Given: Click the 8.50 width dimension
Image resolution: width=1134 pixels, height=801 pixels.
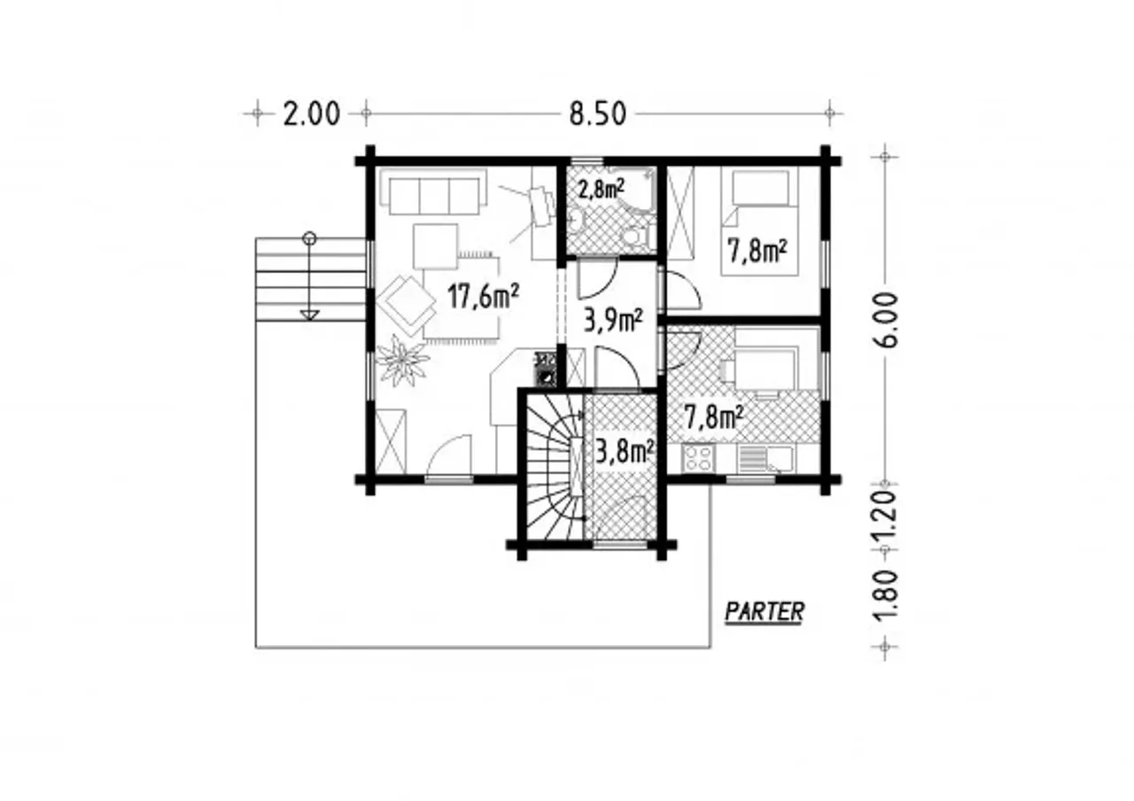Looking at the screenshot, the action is tap(597, 114).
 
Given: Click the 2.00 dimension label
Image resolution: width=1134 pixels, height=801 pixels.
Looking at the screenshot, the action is tap(311, 114).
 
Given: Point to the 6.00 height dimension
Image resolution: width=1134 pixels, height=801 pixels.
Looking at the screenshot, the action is tap(885, 320).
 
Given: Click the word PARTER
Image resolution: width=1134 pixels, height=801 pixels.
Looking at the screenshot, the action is tap(765, 611).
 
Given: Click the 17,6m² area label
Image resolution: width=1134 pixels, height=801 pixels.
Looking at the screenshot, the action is tap(484, 296).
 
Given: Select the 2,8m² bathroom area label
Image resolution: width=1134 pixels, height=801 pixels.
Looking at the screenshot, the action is tap(602, 190).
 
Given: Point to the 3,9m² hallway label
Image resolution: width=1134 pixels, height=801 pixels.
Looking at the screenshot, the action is tap(613, 320).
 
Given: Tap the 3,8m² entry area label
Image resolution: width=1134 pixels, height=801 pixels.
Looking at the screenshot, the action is tap(624, 452).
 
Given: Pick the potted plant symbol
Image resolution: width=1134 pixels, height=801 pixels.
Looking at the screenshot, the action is tap(402, 360).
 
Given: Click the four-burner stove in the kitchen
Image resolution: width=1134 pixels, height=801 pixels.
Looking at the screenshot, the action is tap(699, 458).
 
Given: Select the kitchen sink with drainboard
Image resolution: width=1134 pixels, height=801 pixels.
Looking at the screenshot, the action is tap(765, 459).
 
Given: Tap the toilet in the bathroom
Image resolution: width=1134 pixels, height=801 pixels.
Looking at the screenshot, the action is tap(634, 237).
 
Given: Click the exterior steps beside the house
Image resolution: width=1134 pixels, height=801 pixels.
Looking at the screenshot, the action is tap(310, 279).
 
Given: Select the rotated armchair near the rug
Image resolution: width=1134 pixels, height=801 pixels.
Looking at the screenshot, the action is tap(406, 306).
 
